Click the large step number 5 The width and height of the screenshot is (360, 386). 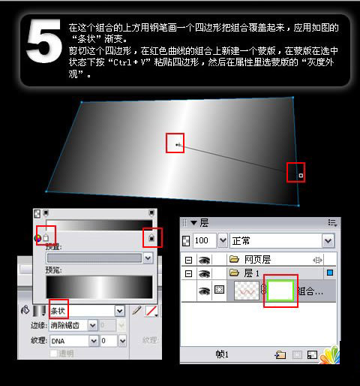tap(43, 46)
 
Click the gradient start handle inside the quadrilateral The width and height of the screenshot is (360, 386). tap(176, 143)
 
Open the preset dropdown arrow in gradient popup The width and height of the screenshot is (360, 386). tap(148, 258)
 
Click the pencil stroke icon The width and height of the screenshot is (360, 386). tap(136, 310)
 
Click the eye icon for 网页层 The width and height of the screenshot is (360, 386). tap(204, 259)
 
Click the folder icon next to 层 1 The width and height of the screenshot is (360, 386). tap(234, 274)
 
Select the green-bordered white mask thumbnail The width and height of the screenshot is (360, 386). tap(281, 291)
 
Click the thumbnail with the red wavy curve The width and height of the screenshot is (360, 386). tap(247, 291)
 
